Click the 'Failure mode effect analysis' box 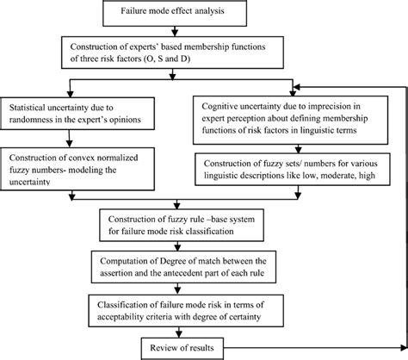click(x=175, y=13)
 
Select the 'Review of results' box click(x=182, y=349)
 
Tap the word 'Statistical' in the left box click(x=28, y=108)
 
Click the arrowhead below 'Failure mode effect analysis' click(x=175, y=32)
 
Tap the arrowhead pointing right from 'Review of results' click(x=404, y=348)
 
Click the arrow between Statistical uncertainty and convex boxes click(x=70, y=139)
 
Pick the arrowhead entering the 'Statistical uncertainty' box click(x=70, y=94)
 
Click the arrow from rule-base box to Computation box click(x=177, y=246)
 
